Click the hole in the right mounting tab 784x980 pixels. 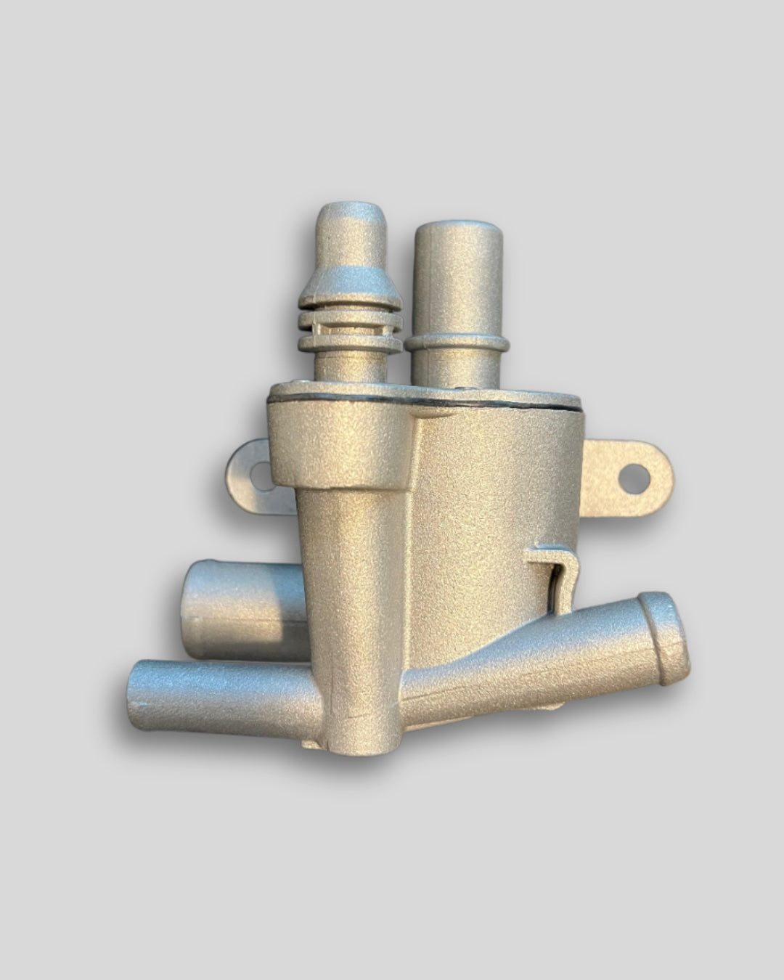(636, 475)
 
